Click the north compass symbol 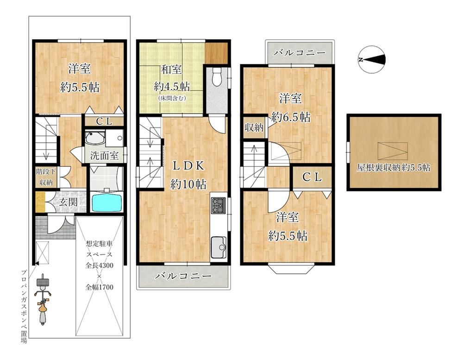tap(372, 59)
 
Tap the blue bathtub tap(107, 202)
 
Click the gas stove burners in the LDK tap(219, 205)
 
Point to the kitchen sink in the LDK tap(219, 247)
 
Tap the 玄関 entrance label tap(68, 202)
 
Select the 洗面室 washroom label tap(104, 156)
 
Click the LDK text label tap(188, 166)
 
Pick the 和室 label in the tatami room tap(171, 70)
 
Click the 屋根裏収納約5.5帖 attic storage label tap(393, 168)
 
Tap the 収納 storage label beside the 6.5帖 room tap(254, 128)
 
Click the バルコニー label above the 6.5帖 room tap(300, 53)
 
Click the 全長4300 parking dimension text tap(99, 265)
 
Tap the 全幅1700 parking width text tap(99, 287)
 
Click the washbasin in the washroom tap(94, 138)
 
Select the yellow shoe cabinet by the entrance tap(40, 202)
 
